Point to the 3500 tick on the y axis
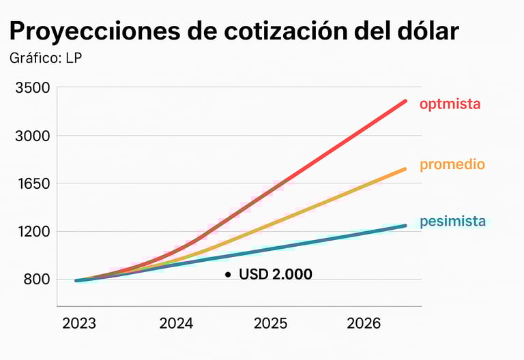[x=33, y=88]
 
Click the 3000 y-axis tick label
[x=33, y=136]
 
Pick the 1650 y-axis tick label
[x=33, y=183]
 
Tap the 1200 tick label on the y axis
[x=33, y=231]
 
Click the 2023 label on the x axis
[x=79, y=323]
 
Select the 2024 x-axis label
[x=176, y=323]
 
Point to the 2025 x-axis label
[x=271, y=323]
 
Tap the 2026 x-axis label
[x=364, y=323]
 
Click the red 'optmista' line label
[x=450, y=104]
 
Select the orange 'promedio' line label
[x=452, y=164]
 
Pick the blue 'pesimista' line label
[x=453, y=221]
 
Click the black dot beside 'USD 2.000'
[x=228, y=274]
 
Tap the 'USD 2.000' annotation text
[x=276, y=274]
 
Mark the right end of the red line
[x=405, y=101]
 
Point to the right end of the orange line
[x=405, y=168]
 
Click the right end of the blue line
[x=405, y=226]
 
